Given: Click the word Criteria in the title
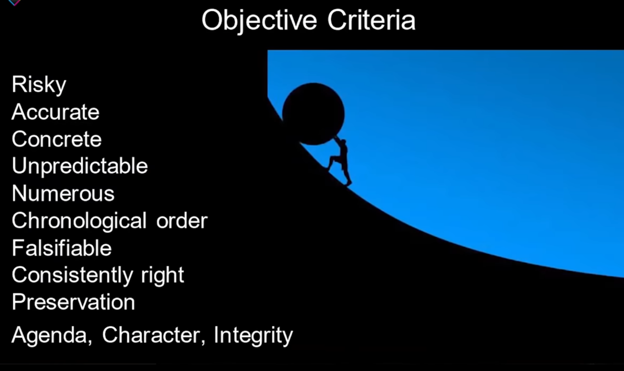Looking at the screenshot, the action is pos(371,20).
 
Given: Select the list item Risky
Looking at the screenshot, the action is pos(39,85).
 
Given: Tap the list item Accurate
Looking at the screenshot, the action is pos(55,112).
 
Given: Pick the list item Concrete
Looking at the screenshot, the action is pos(57,139).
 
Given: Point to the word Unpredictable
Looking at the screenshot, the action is pos(80,166).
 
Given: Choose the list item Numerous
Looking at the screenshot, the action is pos(63,193).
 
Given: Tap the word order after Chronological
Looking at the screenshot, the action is pos(182,221).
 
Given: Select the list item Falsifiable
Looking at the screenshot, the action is pos(62,248).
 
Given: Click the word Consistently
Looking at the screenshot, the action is pos(72,275).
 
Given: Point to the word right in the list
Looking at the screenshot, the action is pos(163,275).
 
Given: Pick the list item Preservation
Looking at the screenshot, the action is pos(73,302).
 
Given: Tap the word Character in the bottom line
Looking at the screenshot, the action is pos(154,335).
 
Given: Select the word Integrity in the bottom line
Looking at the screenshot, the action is pos(253,335).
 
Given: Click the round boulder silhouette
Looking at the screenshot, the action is pos(313,114).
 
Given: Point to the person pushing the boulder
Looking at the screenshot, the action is pos(340,161).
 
